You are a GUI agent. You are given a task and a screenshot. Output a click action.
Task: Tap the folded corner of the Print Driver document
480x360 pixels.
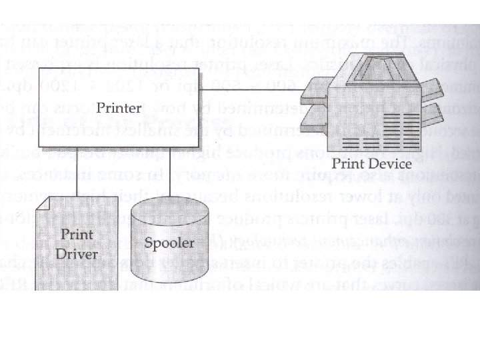click(x=41, y=202)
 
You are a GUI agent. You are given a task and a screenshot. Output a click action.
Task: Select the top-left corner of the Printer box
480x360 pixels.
click(x=40, y=68)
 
